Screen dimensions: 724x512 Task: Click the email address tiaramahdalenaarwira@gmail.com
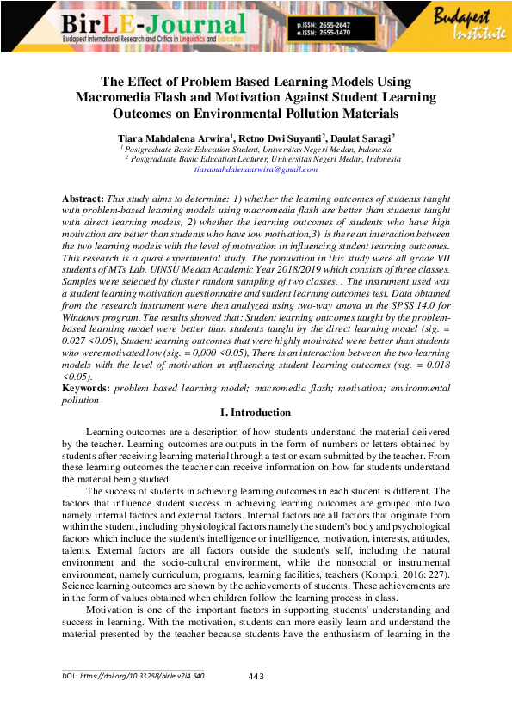[x=256, y=170]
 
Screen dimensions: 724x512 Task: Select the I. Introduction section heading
[x=256, y=414]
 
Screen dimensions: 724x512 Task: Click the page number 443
[x=255, y=677]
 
